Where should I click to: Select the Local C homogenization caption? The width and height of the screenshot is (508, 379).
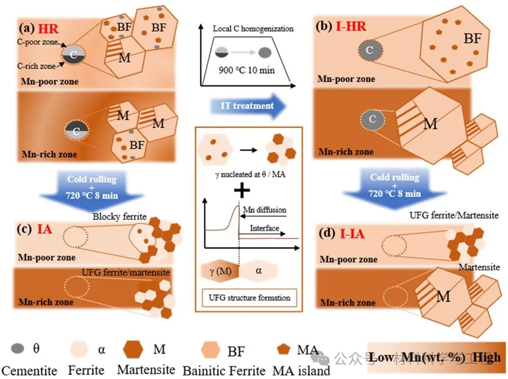pos(253,29)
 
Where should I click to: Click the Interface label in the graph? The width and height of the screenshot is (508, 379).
pos(264,229)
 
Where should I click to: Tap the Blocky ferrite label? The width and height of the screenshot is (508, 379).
pos(119,217)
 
